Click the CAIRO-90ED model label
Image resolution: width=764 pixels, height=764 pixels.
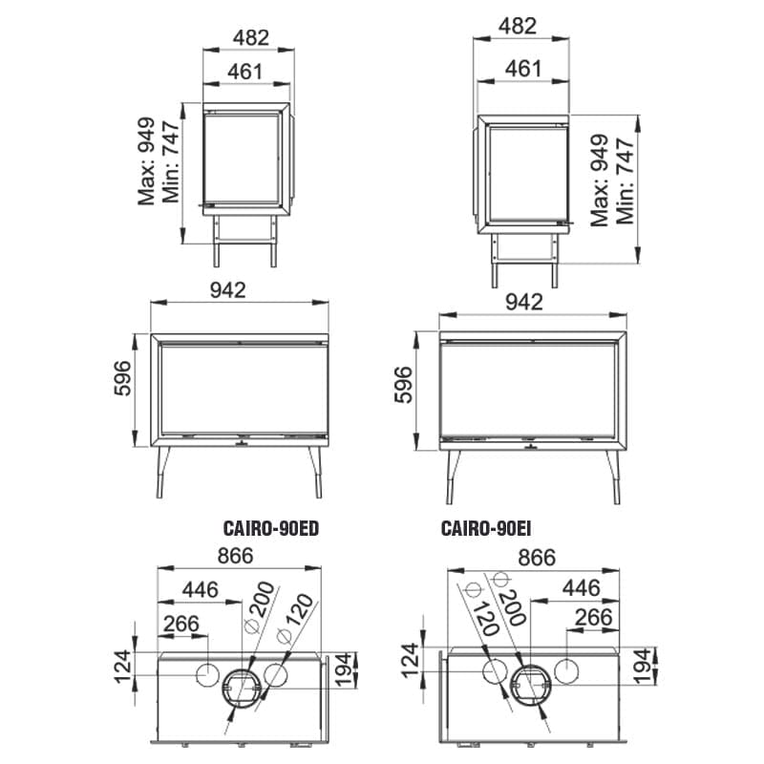[x=271, y=528]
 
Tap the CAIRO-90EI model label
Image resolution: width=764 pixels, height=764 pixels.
[x=486, y=528]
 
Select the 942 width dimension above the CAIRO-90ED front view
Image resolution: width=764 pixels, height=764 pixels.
[x=227, y=290]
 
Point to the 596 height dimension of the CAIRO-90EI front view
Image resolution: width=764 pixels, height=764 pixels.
[x=403, y=385]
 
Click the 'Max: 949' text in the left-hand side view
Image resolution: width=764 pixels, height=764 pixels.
[x=146, y=160]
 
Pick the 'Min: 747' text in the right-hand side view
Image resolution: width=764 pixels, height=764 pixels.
[x=626, y=180]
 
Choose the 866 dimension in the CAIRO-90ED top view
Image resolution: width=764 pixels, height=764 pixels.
[x=235, y=556]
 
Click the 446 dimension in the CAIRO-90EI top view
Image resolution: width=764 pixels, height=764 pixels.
[x=581, y=588]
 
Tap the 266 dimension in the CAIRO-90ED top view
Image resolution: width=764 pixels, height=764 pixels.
[x=181, y=624]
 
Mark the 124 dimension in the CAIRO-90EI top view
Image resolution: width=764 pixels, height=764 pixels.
[x=411, y=660]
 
